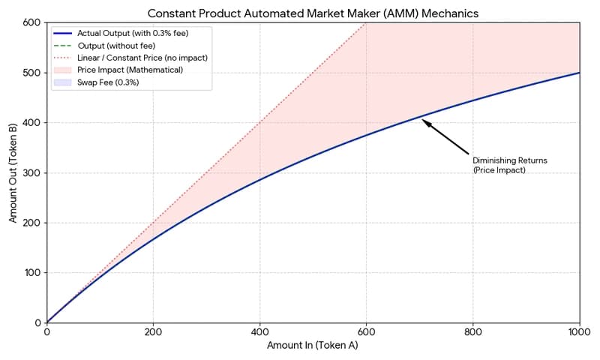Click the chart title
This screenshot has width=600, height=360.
[312, 13]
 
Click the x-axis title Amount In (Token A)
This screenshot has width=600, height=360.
[312, 346]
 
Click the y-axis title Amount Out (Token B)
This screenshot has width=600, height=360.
[13, 172]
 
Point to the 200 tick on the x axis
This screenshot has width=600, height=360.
[153, 332]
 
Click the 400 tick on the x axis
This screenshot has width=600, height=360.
[259, 332]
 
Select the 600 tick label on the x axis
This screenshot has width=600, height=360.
[366, 332]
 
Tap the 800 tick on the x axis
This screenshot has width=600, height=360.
[472, 332]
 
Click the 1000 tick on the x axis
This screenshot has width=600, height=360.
[579, 332]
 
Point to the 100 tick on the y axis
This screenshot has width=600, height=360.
[33, 273]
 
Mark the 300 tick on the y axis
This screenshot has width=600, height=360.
[33, 172]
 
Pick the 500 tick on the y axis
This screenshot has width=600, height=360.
[33, 73]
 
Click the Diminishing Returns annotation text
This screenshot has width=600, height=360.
[499, 165]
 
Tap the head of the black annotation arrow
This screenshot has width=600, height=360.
[424, 121]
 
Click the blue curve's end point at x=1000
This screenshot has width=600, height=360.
[579, 73]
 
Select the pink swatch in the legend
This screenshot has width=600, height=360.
[62, 70]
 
